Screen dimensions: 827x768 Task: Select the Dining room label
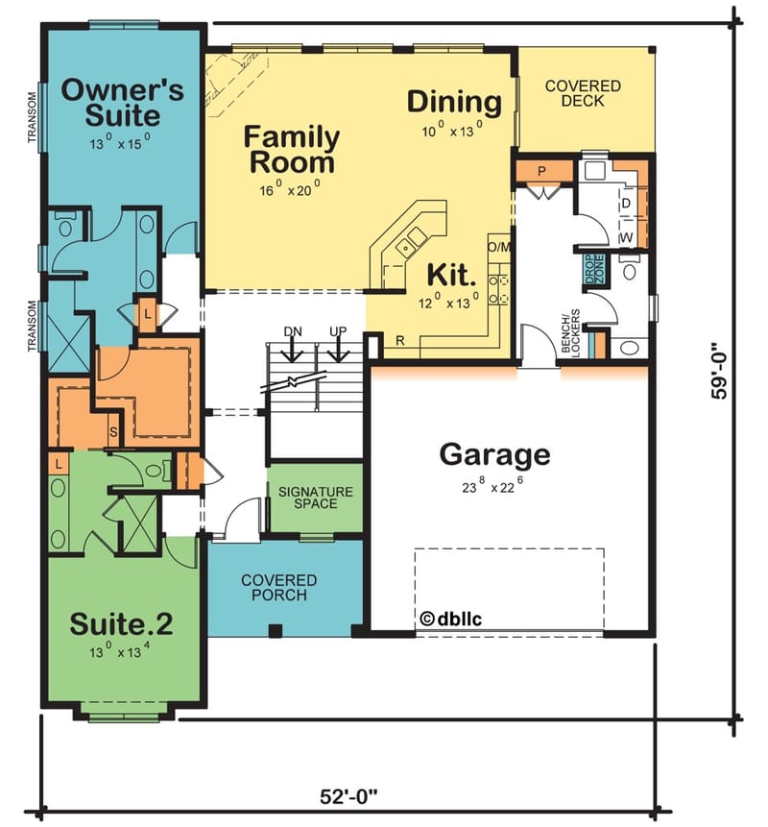[x=454, y=101]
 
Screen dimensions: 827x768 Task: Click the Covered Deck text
[x=583, y=93]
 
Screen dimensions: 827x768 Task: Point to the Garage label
[x=494, y=454]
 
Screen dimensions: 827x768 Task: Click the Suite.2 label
[x=121, y=623]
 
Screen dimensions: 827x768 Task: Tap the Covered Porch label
[x=279, y=588]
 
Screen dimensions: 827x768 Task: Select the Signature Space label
[x=315, y=498]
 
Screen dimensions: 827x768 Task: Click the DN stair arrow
[x=294, y=347]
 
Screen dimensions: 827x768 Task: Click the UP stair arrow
[x=338, y=347]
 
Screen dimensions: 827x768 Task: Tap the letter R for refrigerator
[x=398, y=339]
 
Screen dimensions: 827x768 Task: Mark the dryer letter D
[x=625, y=204]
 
